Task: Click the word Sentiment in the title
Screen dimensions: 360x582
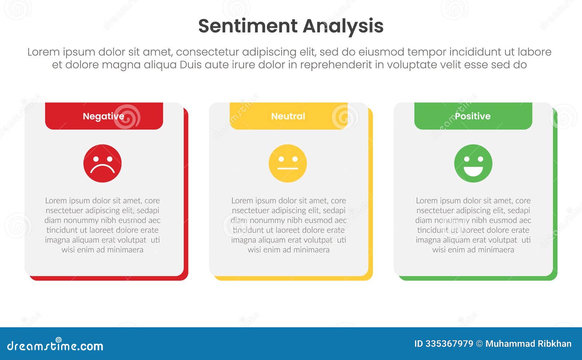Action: pos(248,26)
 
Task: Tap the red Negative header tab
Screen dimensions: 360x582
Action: pos(104,116)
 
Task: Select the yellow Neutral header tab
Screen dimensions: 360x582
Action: pos(288,116)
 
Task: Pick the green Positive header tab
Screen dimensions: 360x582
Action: pos(473,116)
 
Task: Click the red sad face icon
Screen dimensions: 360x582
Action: pos(103,163)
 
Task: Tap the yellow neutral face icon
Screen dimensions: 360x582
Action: pos(288,163)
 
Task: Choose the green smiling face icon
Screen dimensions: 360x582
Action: pos(473,163)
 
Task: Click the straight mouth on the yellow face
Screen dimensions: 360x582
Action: pos(288,169)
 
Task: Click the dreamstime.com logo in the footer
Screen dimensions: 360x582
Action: pos(55,345)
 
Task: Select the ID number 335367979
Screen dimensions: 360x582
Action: pos(449,344)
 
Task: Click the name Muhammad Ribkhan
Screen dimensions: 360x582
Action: pos(528,344)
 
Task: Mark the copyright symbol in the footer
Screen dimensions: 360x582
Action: pos(479,344)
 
